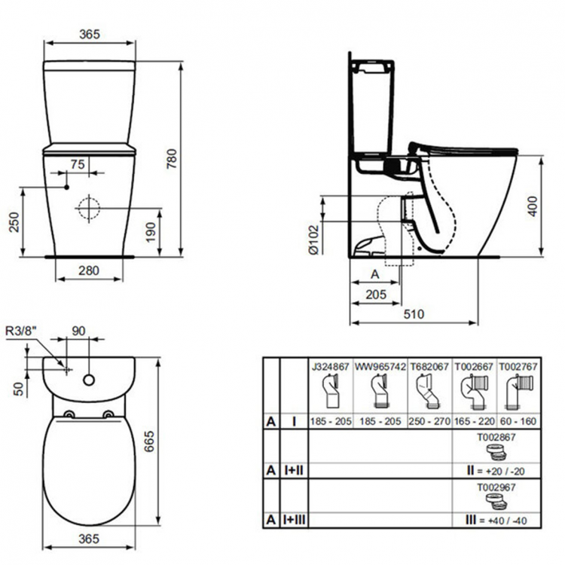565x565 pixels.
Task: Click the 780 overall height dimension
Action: point(194,156)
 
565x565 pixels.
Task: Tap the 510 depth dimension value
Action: point(414,314)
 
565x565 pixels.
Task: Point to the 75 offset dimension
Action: point(78,163)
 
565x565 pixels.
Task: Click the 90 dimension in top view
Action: point(79,330)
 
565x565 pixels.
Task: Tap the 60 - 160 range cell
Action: point(519,422)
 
